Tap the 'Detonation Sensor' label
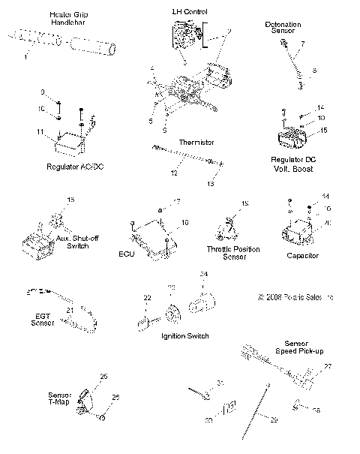click(283, 29)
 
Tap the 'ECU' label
click(125, 254)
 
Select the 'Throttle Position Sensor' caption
click(232, 252)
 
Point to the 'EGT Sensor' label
click(43, 318)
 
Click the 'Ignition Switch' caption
click(184, 335)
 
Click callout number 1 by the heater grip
click(26, 58)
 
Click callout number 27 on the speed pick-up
click(326, 366)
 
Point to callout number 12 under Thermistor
click(174, 173)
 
